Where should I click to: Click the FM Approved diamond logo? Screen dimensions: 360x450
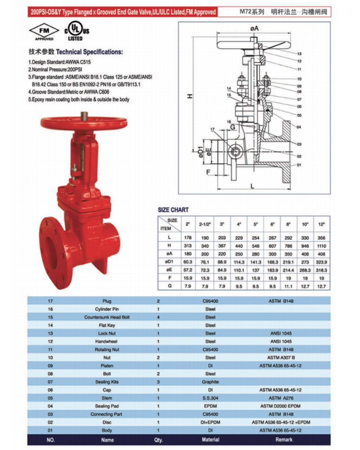point(44,32)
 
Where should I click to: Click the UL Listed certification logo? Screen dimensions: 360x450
point(76,32)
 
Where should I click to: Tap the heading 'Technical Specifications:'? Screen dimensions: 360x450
point(89,52)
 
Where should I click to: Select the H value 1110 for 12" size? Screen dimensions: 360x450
point(322,246)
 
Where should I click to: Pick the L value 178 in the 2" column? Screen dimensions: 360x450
point(188,238)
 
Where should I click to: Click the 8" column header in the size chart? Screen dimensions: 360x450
point(288,225)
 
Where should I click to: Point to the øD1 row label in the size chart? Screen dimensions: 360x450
point(169,262)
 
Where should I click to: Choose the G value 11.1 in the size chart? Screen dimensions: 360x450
point(288,286)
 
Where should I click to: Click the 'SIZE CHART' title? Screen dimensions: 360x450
point(173,210)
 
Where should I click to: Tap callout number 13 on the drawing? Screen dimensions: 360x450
point(299,54)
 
